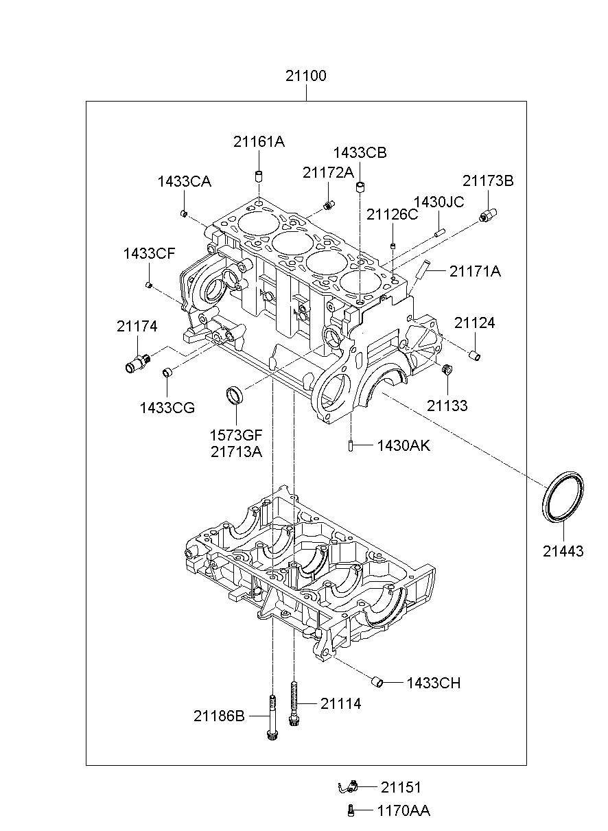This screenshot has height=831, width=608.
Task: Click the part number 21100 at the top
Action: tap(305, 76)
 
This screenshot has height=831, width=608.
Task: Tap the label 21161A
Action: tap(259, 142)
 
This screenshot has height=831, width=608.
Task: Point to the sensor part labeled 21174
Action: tap(138, 362)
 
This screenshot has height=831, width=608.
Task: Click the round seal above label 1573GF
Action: tap(235, 395)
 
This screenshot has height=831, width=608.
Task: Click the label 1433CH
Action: tap(434, 683)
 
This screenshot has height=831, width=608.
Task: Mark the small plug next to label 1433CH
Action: tap(377, 682)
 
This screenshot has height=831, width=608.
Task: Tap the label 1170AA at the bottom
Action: tap(404, 811)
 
